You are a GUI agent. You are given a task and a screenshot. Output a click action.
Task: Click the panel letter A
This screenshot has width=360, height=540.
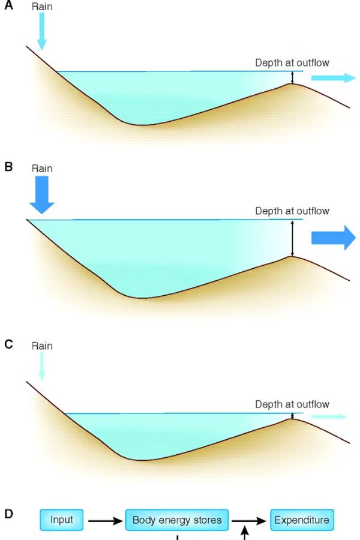click(x=8, y=5)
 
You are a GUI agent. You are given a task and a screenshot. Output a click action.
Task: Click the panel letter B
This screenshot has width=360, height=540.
click(x=8, y=167)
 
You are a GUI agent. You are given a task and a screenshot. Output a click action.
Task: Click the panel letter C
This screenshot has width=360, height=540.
click(x=8, y=344)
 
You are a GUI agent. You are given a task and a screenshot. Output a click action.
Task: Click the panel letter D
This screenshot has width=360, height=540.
click(x=8, y=514)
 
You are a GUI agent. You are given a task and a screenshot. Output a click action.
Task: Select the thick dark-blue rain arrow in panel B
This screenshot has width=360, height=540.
click(x=41, y=195)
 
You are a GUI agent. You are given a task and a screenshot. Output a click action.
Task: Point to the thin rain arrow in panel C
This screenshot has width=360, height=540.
click(x=41, y=367)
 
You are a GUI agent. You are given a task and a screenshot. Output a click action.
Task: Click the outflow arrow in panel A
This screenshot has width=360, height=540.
click(x=333, y=78)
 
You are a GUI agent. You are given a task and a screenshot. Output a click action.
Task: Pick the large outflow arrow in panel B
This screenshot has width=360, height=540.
click(x=333, y=238)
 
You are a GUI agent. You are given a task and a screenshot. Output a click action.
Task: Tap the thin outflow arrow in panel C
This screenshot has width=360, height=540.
click(x=329, y=417)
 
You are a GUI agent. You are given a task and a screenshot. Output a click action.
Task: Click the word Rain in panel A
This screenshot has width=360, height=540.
click(x=42, y=7)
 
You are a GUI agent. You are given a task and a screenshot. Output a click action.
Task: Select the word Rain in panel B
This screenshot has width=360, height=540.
click(x=42, y=169)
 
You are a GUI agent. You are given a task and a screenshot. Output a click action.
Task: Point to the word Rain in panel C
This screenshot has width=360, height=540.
click(x=42, y=346)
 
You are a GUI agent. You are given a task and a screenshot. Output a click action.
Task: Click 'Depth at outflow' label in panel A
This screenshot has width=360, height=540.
click(x=292, y=62)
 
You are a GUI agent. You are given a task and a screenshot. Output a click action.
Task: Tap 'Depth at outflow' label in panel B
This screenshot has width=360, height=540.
click(x=292, y=211)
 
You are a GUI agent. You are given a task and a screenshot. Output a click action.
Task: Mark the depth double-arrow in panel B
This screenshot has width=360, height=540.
click(x=292, y=238)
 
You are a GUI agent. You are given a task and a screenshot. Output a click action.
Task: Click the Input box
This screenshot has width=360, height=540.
click(x=62, y=520)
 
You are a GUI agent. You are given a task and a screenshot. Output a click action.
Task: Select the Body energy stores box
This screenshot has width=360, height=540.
click(x=177, y=520)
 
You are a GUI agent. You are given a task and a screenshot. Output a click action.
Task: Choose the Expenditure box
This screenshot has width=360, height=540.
click(x=302, y=520)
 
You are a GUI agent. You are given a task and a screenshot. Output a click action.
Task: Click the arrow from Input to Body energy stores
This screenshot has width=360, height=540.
click(x=105, y=521)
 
